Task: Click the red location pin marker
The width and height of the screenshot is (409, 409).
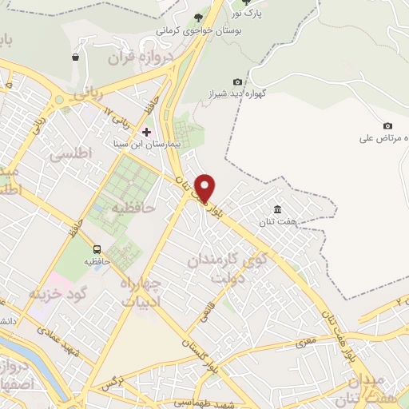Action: pyautogui.click(x=205, y=188)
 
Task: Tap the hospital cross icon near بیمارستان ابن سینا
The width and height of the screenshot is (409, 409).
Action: pyautogui.click(x=146, y=130)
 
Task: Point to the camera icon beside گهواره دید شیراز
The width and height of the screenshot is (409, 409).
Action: pyautogui.click(x=237, y=81)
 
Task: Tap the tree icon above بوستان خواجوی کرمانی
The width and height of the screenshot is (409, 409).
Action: pyautogui.click(x=197, y=18)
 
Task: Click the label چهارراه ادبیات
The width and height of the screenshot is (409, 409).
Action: pyautogui.click(x=145, y=292)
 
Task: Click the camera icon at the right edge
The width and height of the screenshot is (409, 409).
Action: pyautogui.click(x=387, y=125)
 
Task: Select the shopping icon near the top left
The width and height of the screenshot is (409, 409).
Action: pyautogui.click(x=76, y=57)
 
